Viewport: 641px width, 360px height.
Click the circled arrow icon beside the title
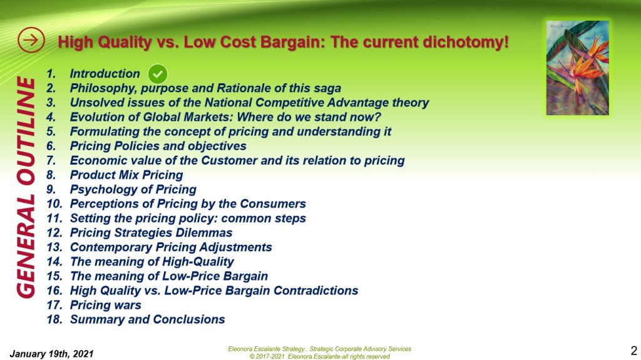[x=31, y=40]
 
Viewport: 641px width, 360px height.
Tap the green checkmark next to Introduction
[x=157, y=74]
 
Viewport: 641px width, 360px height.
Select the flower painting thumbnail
[x=577, y=68]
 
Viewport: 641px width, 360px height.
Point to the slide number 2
[x=633, y=351]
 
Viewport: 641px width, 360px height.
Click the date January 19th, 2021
[x=51, y=354]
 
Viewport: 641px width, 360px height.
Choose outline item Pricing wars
[x=105, y=305]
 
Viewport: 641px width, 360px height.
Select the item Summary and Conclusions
[x=148, y=319]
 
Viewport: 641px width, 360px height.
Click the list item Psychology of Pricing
[x=133, y=190]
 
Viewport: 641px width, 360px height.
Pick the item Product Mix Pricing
[x=126, y=175]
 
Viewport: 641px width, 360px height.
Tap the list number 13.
[x=54, y=247]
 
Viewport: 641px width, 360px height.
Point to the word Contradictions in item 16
[x=315, y=291]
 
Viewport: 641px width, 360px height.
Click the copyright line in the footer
[x=320, y=356]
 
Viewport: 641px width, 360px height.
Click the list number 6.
[x=51, y=146]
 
